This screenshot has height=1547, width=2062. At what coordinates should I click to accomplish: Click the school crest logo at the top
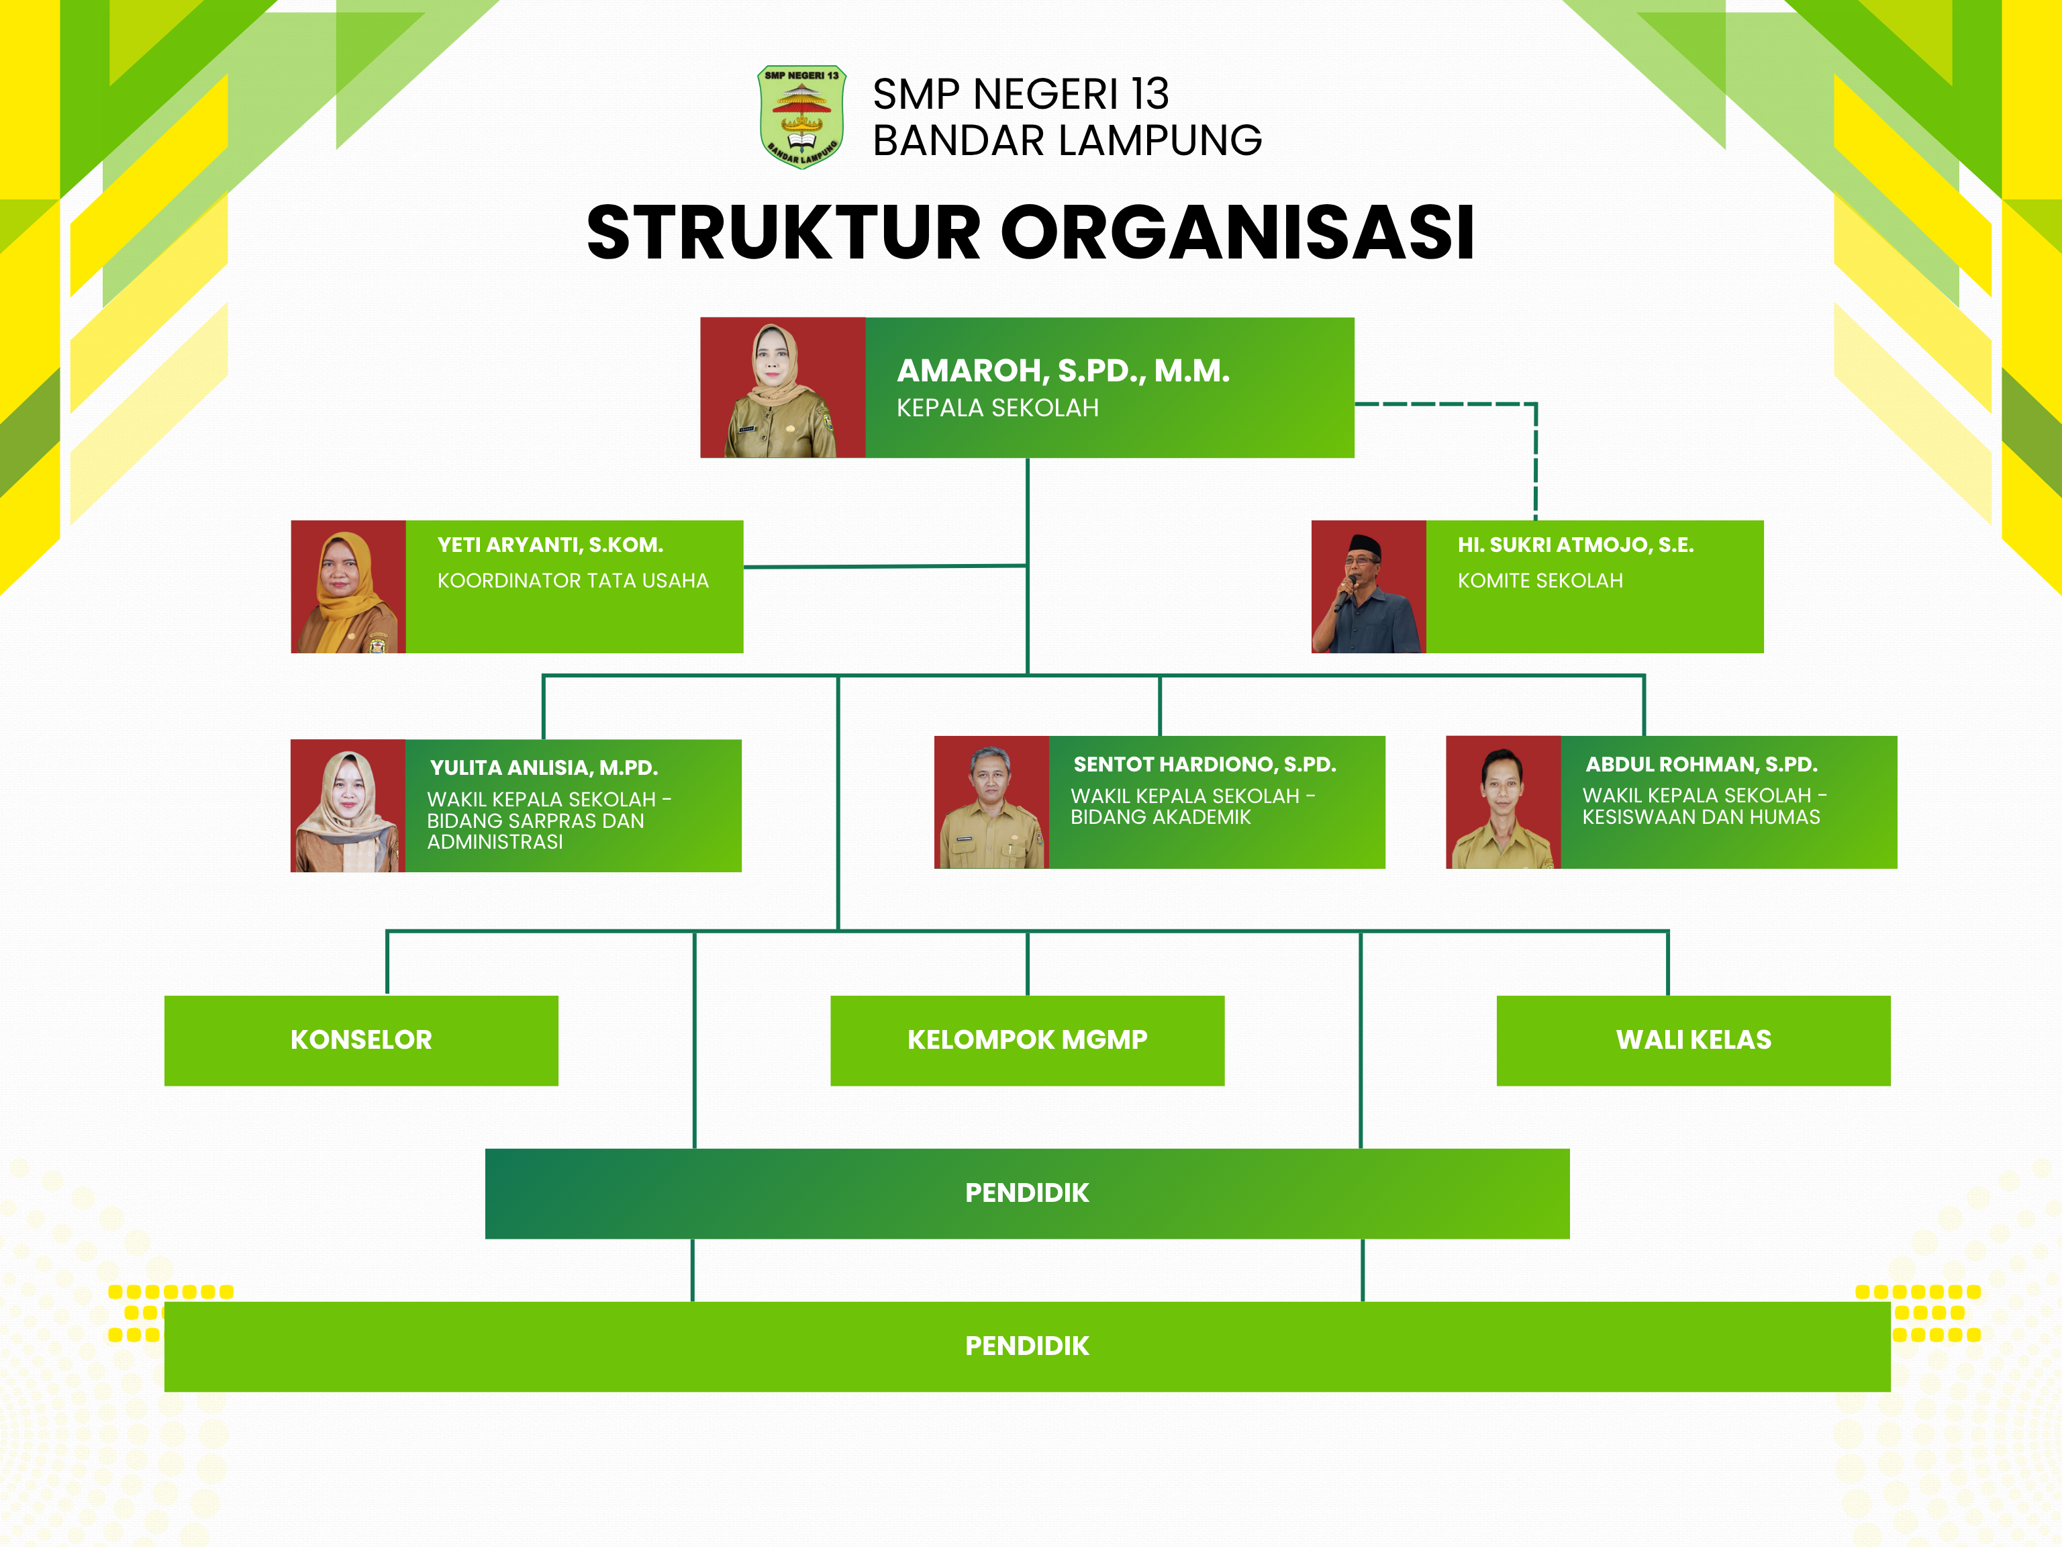click(801, 115)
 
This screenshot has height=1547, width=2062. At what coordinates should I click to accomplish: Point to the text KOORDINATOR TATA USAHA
click(573, 580)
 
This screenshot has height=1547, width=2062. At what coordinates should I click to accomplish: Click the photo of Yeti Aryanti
click(348, 587)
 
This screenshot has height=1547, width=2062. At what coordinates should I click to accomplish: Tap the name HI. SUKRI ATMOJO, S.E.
click(1575, 545)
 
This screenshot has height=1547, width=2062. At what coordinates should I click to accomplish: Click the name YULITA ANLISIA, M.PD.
click(544, 767)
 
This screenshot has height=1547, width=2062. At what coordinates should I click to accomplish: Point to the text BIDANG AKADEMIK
click(1160, 817)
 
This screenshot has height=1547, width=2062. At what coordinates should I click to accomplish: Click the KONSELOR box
click(360, 1039)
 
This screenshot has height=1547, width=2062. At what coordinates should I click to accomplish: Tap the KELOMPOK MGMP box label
click(1026, 1039)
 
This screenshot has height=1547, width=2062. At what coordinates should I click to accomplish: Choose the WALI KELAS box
click(1693, 1039)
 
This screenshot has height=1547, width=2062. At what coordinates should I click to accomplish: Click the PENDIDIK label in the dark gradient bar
click(1026, 1192)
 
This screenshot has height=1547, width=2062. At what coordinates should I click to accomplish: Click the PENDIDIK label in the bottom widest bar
click(1026, 1346)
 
